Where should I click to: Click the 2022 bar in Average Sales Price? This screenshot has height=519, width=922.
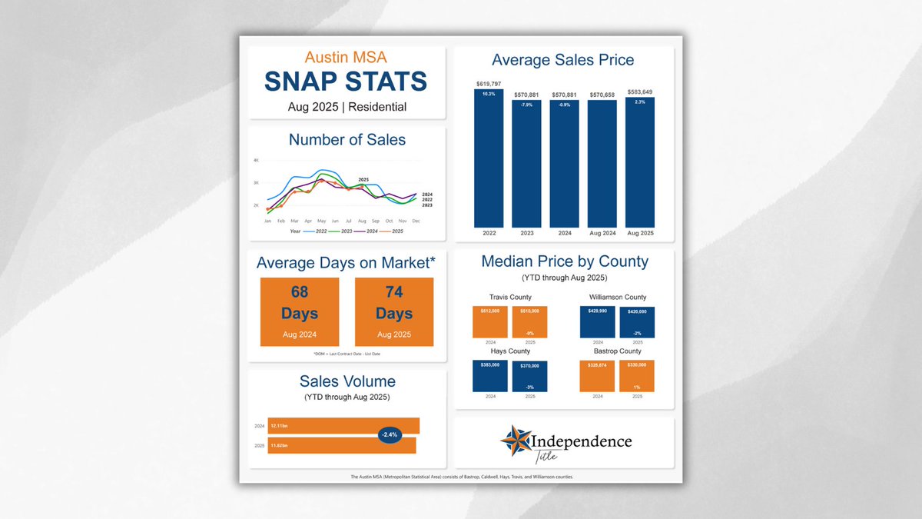pyautogui.click(x=489, y=158)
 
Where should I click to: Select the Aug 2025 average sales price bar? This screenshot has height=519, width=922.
pyautogui.click(x=640, y=161)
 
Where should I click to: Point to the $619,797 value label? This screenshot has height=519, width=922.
pyautogui.click(x=489, y=82)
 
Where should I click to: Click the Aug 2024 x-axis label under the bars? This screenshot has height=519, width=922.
pyautogui.click(x=602, y=232)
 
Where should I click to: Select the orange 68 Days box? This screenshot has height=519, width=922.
pyautogui.click(x=300, y=311)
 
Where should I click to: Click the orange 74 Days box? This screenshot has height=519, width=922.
pyautogui.click(x=394, y=311)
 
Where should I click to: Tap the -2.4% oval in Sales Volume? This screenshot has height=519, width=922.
pyautogui.click(x=390, y=434)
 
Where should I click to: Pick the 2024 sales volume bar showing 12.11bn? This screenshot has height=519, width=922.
pyautogui.click(x=343, y=425)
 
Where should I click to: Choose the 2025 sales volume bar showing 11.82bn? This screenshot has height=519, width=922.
pyautogui.click(x=342, y=445)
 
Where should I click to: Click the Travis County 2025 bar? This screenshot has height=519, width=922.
pyautogui.click(x=529, y=321)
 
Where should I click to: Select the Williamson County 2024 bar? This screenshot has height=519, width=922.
pyautogui.click(x=598, y=321)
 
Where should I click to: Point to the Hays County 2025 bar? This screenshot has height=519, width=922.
pyautogui.click(x=529, y=377)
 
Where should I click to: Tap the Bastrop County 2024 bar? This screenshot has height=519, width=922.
pyautogui.click(x=598, y=377)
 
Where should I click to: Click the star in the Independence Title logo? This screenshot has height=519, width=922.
pyautogui.click(x=515, y=441)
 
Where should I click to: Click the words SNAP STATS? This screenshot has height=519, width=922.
pyautogui.click(x=346, y=82)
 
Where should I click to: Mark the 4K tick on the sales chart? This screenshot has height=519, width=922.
pyautogui.click(x=257, y=160)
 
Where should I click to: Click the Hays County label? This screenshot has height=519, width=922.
pyautogui.click(x=510, y=351)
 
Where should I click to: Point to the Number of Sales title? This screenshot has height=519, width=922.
pyautogui.click(x=347, y=140)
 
